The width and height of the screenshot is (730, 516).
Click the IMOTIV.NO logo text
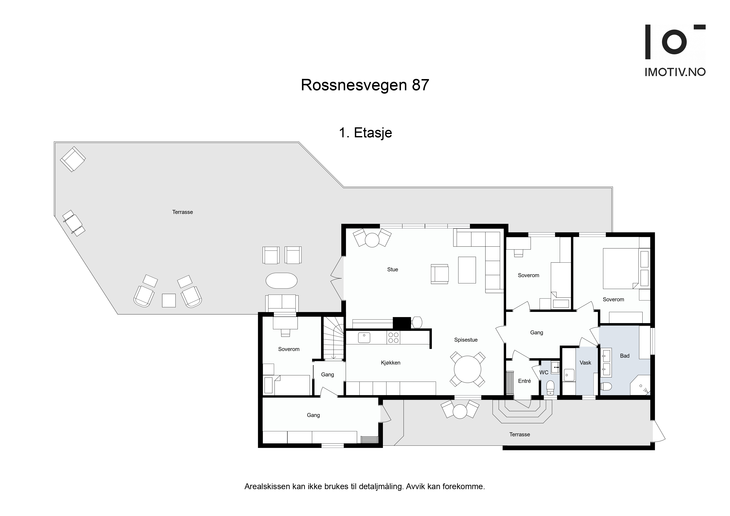point(675,72)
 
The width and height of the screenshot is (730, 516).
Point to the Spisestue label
point(466,340)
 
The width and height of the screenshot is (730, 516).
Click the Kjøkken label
point(390,363)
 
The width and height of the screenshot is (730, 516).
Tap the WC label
point(544,372)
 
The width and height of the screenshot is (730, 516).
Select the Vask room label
point(585,363)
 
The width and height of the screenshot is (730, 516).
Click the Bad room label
point(625,356)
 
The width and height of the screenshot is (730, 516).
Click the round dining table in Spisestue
point(467,369)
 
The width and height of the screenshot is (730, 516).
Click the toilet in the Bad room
point(606,387)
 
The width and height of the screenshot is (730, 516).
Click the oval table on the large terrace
point(281,281)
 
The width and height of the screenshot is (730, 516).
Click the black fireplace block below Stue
point(402,323)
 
